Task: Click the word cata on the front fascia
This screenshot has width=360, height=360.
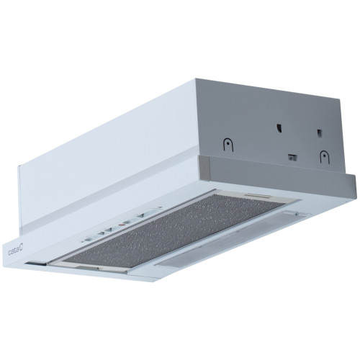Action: point(14,252)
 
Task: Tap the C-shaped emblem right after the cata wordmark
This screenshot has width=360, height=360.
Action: point(21,250)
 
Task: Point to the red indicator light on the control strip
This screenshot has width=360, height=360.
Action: point(122,225)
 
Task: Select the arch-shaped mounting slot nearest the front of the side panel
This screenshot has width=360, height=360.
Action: point(228,145)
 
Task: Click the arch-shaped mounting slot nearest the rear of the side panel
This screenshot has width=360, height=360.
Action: point(325,157)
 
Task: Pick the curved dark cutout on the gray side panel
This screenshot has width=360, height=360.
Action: point(279,127)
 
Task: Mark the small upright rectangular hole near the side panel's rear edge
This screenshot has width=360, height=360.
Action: point(319,133)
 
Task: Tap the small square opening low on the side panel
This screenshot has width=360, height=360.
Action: point(292,158)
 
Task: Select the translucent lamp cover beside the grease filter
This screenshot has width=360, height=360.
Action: point(230,240)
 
